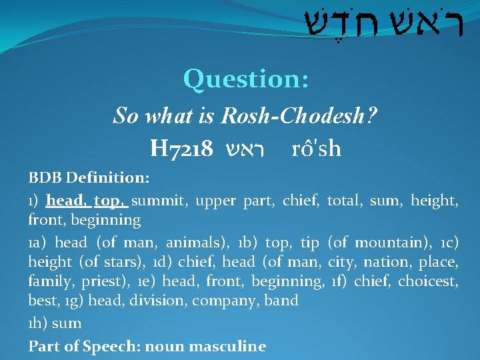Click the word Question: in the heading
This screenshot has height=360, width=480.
point(246,79)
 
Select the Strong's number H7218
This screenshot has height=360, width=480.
point(182,148)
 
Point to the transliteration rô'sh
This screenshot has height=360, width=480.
point(317,148)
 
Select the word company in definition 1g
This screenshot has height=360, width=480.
point(225,301)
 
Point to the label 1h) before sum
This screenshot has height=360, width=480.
point(38,323)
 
